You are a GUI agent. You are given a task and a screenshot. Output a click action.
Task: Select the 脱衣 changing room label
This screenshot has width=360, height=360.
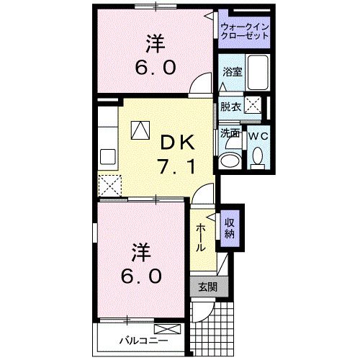click(x=230, y=107)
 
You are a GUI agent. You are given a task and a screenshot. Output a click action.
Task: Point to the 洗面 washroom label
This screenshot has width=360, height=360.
click(x=230, y=132)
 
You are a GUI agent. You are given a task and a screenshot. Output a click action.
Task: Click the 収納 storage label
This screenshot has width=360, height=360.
click(x=230, y=228)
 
